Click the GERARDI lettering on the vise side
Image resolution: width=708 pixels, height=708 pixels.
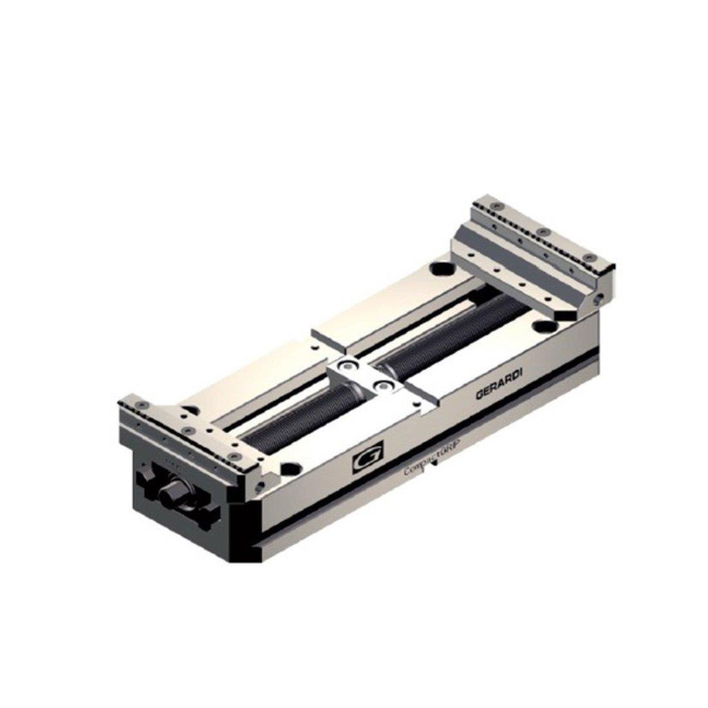tap(499, 387)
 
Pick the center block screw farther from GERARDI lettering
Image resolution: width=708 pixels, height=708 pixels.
tap(349, 365)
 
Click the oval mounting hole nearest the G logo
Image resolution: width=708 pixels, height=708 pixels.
tap(292, 468)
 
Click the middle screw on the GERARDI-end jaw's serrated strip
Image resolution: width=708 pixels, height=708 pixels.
tap(543, 231)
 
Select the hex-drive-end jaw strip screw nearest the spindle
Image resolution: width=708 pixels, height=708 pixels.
tap(235, 456)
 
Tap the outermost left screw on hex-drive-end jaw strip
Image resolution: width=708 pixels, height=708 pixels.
tap(141, 405)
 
